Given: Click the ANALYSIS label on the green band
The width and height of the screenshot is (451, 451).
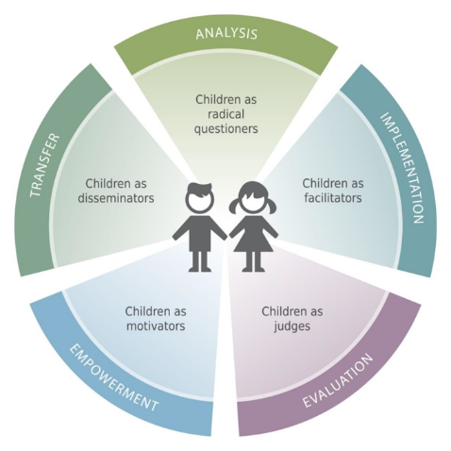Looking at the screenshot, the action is [226, 33].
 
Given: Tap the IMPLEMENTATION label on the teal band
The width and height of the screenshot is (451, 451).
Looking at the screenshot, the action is [402, 168].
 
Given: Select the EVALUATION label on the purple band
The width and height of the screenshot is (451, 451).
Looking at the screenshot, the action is [338, 380].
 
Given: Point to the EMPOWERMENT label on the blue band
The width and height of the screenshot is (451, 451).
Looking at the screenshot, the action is [113, 377].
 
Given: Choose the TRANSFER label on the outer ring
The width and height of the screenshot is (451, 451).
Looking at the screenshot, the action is [44, 165].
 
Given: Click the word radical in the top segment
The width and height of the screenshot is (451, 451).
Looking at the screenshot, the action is [225, 114].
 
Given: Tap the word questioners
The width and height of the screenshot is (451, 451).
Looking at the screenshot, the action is [225, 128].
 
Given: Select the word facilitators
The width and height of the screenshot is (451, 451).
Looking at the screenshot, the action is [333, 198].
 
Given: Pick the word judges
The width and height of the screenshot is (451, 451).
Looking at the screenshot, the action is [292, 326].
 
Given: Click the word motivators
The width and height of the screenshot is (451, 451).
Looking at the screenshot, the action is [156, 326].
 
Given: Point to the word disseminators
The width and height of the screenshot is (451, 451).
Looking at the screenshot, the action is [116, 198].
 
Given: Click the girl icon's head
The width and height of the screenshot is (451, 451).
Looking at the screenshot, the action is [253, 198].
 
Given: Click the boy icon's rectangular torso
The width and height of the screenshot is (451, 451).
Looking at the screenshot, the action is [200, 234].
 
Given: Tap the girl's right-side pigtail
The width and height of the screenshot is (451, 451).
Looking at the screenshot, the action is [272, 206].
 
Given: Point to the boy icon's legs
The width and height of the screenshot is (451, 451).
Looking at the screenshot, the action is [200, 261].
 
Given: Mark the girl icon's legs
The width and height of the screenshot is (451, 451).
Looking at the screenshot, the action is [253, 262].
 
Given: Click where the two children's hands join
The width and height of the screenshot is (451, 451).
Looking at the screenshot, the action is [227, 236].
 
